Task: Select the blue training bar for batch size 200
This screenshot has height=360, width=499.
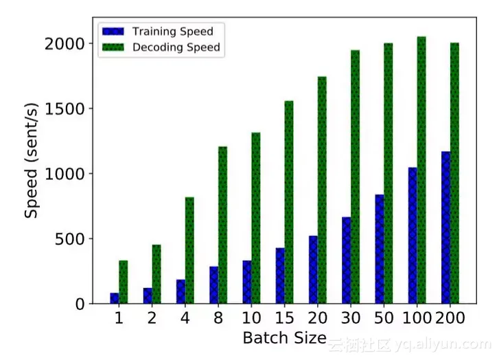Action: (x=446, y=227)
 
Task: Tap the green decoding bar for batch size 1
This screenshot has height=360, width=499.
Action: (x=124, y=282)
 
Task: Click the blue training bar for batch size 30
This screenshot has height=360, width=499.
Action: (x=347, y=260)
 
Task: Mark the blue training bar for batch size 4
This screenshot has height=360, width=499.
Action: (x=181, y=291)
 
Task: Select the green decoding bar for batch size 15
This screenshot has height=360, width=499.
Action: (x=289, y=202)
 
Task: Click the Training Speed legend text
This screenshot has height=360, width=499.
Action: (x=172, y=32)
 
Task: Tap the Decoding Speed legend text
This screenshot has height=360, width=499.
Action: (x=176, y=47)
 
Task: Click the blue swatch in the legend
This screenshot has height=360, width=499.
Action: (x=113, y=32)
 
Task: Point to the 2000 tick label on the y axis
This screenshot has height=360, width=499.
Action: (x=66, y=44)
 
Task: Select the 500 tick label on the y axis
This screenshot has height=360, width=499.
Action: (x=71, y=239)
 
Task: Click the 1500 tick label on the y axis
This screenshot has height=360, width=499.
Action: (x=66, y=109)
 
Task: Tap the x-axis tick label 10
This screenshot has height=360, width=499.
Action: (x=251, y=319)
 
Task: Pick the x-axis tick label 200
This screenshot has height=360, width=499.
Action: (x=450, y=319)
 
